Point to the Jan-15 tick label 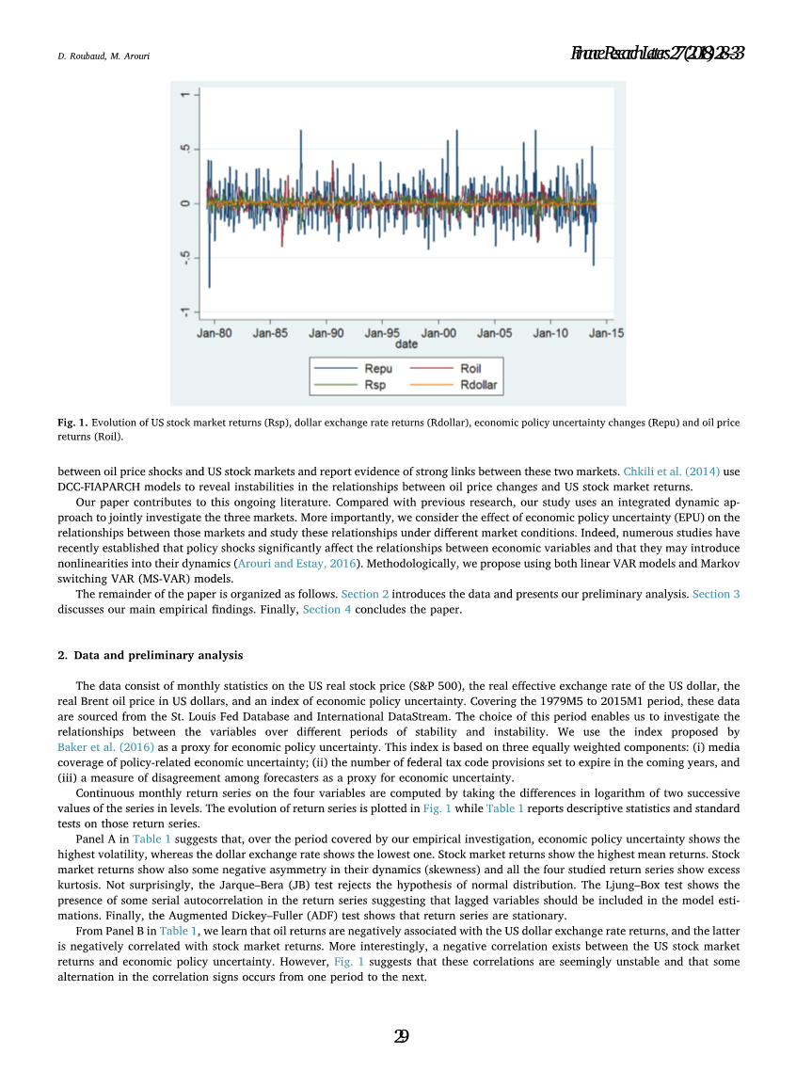[x=605, y=333]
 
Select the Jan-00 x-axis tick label [x=438, y=333]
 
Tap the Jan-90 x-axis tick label [x=326, y=333]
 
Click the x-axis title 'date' [x=406, y=344]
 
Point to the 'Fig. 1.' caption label [x=72, y=424]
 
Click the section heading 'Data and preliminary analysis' [x=157, y=655]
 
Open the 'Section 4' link [x=327, y=609]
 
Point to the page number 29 [x=401, y=1036]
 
